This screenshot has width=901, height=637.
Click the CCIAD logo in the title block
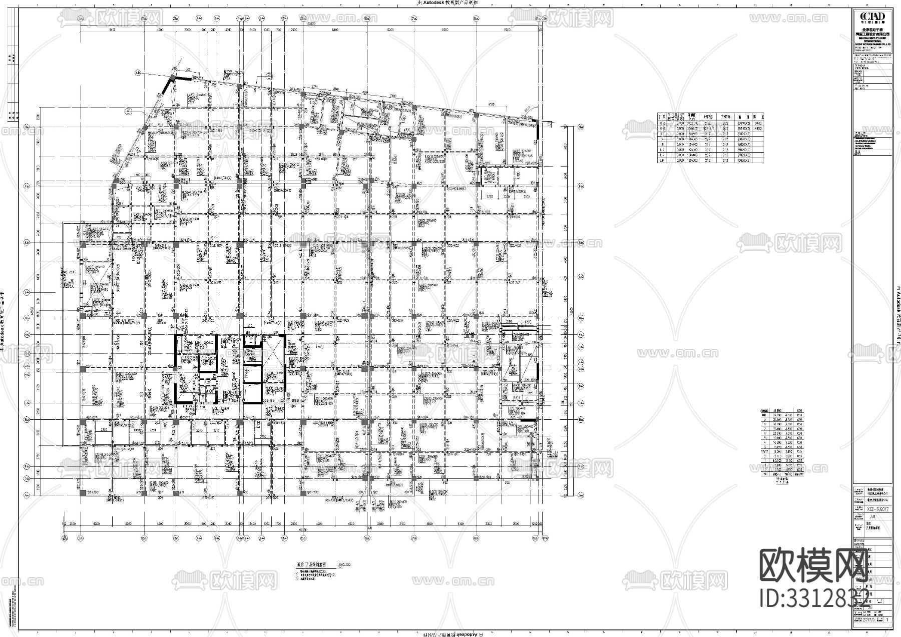coord(872,18)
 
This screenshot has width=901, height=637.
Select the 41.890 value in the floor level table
coord(778,410)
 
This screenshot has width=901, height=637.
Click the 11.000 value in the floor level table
coord(778,452)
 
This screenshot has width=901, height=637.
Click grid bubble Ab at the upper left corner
coord(137,73)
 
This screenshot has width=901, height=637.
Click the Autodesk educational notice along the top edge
coord(448,3)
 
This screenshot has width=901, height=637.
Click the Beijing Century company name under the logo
coord(872,34)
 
